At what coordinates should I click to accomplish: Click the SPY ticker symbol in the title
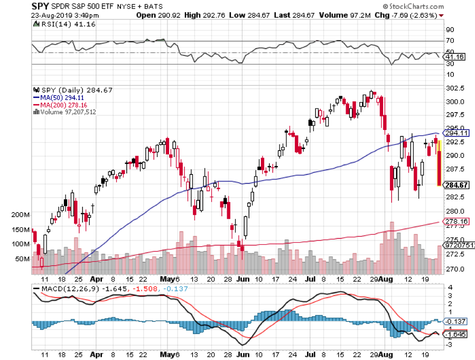click(16, 6)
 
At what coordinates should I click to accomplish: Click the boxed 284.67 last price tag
click(457, 185)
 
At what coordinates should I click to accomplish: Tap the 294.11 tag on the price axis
click(457, 134)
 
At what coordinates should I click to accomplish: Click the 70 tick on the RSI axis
click(451, 41)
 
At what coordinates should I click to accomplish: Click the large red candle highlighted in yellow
click(439, 168)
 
